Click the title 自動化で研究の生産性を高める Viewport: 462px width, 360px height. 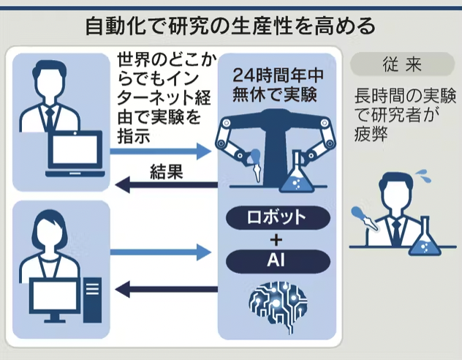point(230,26)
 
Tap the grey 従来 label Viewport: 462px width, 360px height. point(401,64)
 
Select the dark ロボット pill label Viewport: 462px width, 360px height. point(276,217)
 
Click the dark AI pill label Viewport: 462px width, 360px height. point(276,260)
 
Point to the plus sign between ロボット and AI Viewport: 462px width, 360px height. point(276,239)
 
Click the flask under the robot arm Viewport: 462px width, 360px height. point(296,175)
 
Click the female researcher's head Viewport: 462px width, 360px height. point(49,230)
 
